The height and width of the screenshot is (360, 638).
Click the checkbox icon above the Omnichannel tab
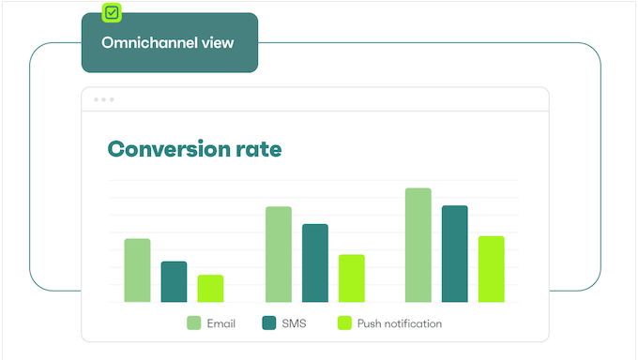pyautogui.click(x=112, y=13)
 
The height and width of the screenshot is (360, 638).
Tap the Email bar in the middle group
pyautogui.click(x=279, y=254)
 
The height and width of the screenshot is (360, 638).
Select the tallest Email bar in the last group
pyautogui.click(x=418, y=245)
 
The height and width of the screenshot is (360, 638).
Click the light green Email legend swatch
pyautogui.click(x=194, y=323)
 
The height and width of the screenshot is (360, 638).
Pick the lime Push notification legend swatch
pyautogui.click(x=344, y=323)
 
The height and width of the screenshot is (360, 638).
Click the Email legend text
pyautogui.click(x=221, y=323)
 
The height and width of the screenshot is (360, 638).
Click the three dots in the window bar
pyautogui.click(x=103, y=99)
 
